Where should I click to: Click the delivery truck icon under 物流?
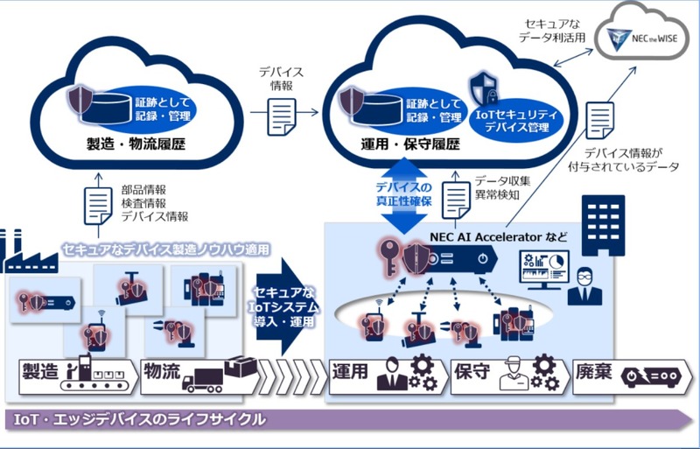(203, 379)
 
